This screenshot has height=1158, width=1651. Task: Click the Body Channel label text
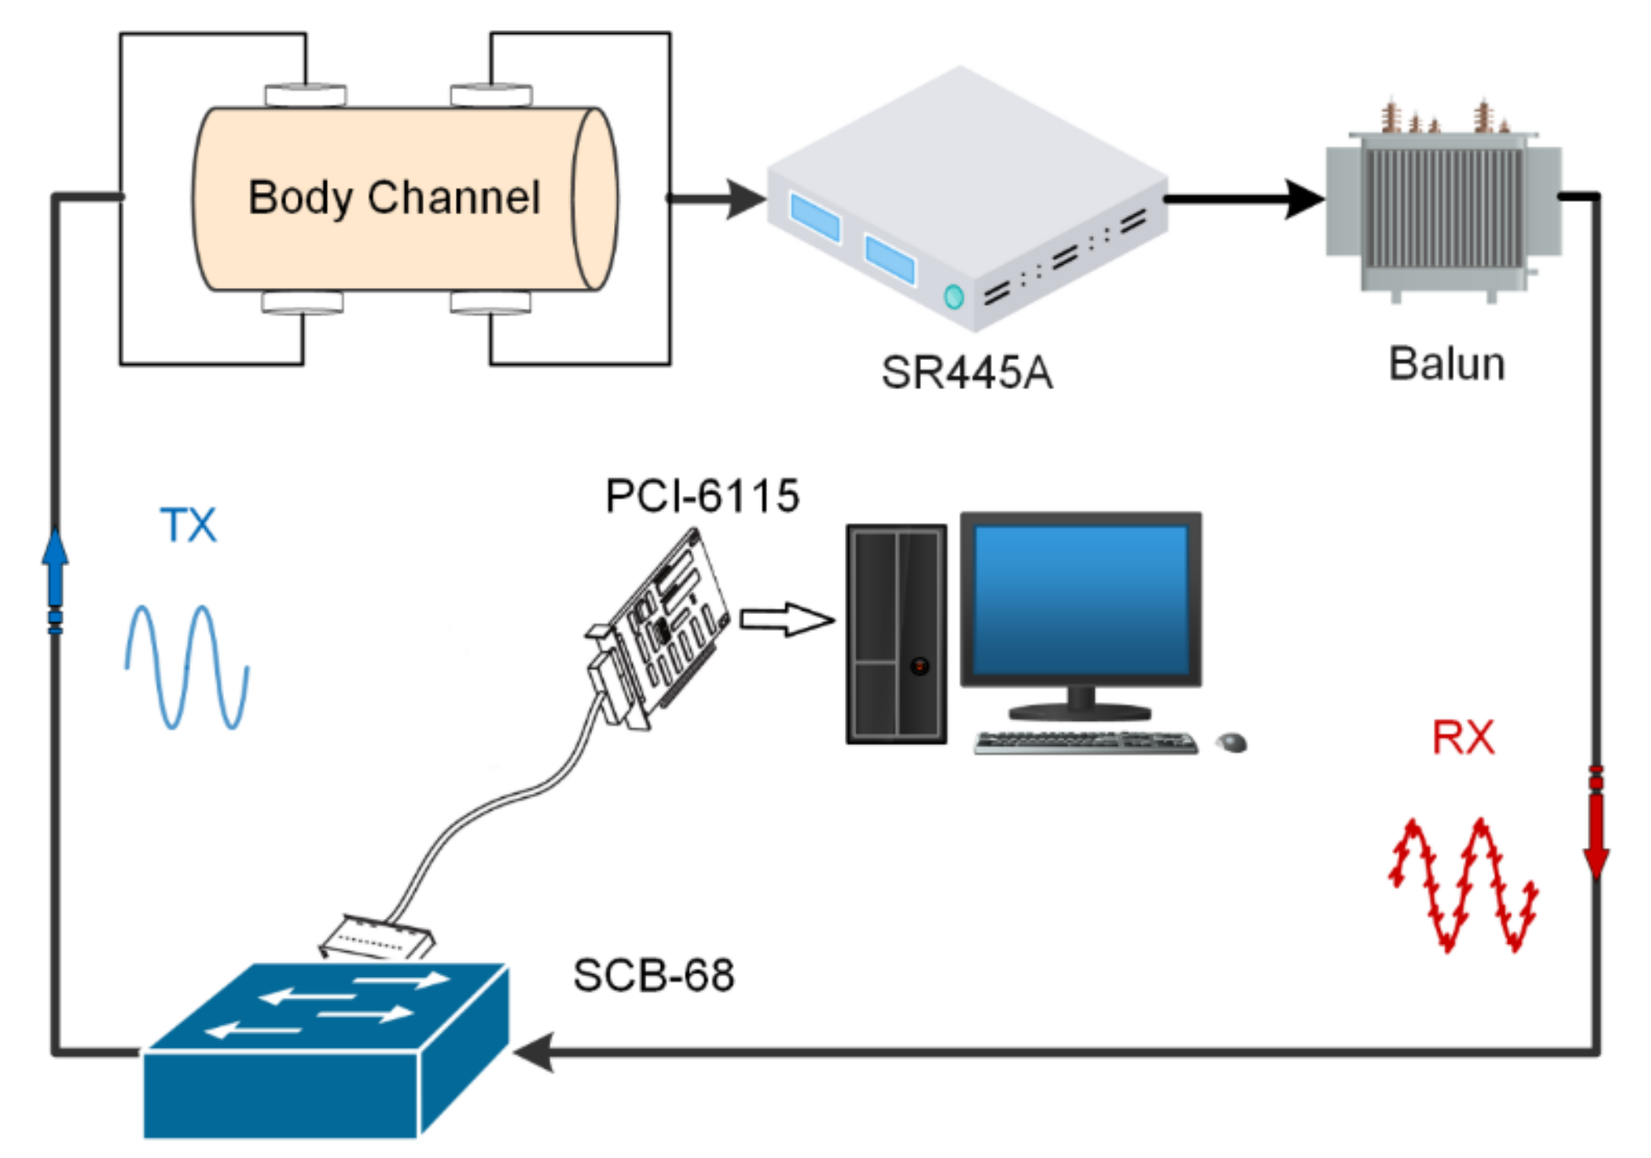coord(394,198)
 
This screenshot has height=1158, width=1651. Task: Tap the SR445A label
coord(967,373)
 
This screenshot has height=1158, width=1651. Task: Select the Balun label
coord(1447,363)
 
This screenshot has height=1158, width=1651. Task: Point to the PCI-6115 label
coord(702,495)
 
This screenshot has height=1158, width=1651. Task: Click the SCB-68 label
coord(654,975)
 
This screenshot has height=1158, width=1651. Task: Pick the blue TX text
coord(188,525)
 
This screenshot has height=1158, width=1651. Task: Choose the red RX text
coord(1463,738)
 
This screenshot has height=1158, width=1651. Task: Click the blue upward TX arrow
coord(55,580)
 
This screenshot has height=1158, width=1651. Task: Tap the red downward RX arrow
coord(1596,822)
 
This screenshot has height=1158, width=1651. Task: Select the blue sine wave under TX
coord(187,667)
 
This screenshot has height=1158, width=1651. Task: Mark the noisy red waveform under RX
coord(1464,884)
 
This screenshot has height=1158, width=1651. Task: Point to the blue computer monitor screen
coord(1081,600)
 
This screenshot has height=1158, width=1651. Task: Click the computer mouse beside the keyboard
coord(1232,742)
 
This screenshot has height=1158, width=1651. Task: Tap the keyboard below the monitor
coord(1086,743)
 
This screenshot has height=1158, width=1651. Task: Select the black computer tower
coord(896,634)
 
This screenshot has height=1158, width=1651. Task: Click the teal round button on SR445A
coord(954,297)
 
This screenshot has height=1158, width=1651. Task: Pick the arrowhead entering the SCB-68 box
coord(534,1052)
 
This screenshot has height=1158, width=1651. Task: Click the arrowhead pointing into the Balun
coord(1305,199)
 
